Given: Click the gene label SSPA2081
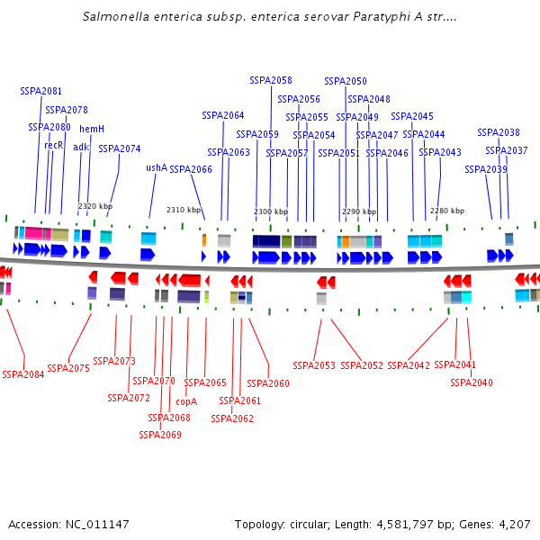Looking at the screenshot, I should click(x=41, y=91).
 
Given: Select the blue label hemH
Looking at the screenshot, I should click(x=92, y=129).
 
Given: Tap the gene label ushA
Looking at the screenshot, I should click(x=157, y=167).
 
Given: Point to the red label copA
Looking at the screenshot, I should click(x=186, y=401).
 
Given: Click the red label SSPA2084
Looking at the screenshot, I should click(x=23, y=374).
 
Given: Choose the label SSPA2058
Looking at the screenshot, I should click(x=271, y=80).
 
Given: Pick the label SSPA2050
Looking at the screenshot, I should click(x=346, y=81).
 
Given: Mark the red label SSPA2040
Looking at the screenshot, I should click(x=472, y=382).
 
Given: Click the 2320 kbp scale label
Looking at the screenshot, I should click(x=95, y=206).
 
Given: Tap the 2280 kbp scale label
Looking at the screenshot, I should click(x=447, y=211).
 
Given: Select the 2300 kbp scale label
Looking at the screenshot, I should click(x=271, y=211).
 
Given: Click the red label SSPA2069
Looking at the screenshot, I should click(x=160, y=435).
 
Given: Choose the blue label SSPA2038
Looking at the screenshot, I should click(x=499, y=132).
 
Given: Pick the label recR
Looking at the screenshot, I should click(x=54, y=145).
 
